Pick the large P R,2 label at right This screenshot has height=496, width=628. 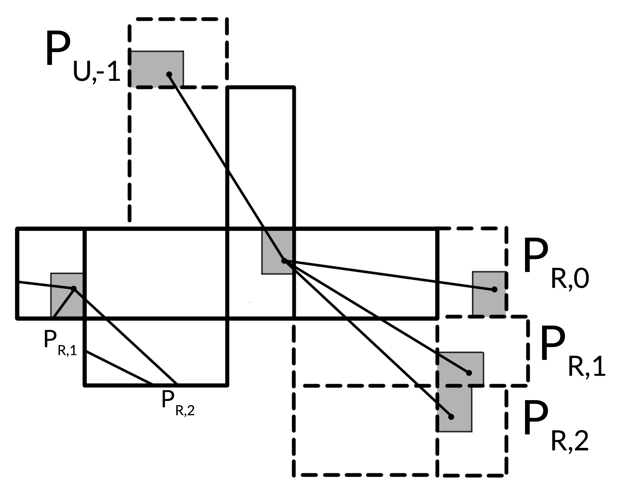pyautogui.click(x=555, y=427)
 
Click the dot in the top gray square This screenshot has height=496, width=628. pyautogui.click(x=169, y=75)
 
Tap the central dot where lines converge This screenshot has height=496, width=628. pyautogui.click(x=284, y=261)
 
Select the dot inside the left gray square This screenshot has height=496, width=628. pyautogui.click(x=74, y=289)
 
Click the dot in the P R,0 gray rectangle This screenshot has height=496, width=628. pyautogui.click(x=494, y=289)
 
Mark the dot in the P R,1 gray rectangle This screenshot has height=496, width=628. pyautogui.click(x=469, y=373)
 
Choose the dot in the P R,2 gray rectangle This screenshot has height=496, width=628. pyautogui.click(x=451, y=417)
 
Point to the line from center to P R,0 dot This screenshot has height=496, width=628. pyautogui.click(x=388, y=275)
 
